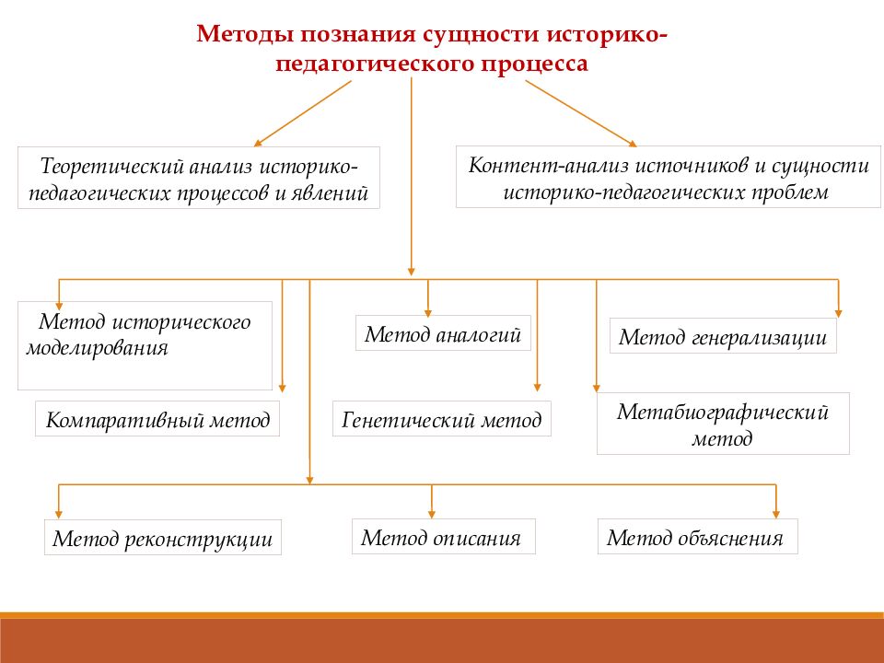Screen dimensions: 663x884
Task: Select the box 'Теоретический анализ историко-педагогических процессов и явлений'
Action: point(199,178)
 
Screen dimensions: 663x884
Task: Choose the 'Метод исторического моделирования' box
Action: point(145,345)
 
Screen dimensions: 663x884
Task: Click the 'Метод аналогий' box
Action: point(444,333)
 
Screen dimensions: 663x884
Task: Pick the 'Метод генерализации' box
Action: point(723,336)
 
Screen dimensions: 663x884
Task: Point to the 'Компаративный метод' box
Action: point(158,420)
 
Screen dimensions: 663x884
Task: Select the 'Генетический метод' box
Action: point(442,420)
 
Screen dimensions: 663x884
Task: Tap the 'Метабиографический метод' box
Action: point(723,424)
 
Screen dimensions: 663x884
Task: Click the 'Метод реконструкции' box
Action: point(162,538)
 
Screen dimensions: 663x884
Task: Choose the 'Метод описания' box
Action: point(442,536)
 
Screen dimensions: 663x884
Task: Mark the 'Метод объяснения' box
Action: point(697,537)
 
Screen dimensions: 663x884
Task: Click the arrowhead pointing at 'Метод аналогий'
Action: point(428,310)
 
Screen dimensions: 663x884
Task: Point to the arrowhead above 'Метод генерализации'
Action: point(838,311)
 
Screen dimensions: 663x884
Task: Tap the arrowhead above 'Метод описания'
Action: point(433,513)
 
